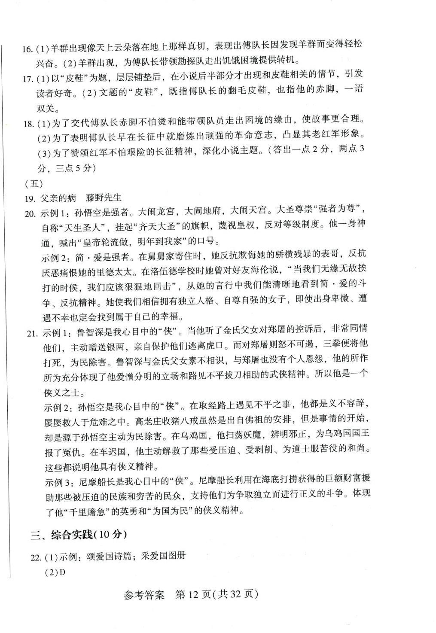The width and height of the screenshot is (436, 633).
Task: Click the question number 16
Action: (x=27, y=48)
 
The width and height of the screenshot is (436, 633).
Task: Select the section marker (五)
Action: (x=34, y=184)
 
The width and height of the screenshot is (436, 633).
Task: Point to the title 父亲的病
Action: (x=58, y=198)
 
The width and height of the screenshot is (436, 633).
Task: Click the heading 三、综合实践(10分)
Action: (x=79, y=535)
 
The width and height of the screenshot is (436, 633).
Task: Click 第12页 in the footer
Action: (x=193, y=595)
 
